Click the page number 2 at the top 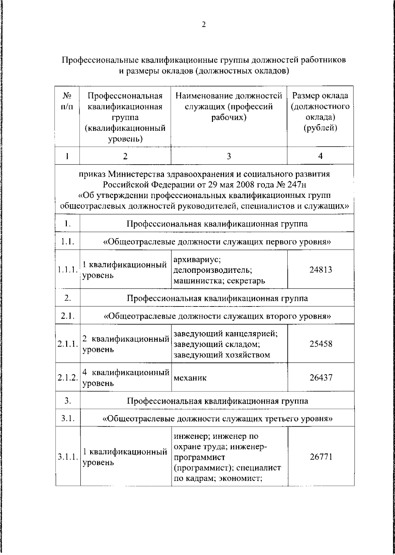203,25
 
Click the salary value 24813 321,270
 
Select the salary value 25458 321,344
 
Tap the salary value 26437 321,377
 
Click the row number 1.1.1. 67,270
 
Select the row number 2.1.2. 67,378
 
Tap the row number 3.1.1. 67,457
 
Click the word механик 190,378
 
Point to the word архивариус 197,259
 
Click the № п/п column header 67,101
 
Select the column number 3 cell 229,156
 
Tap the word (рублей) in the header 320,128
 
